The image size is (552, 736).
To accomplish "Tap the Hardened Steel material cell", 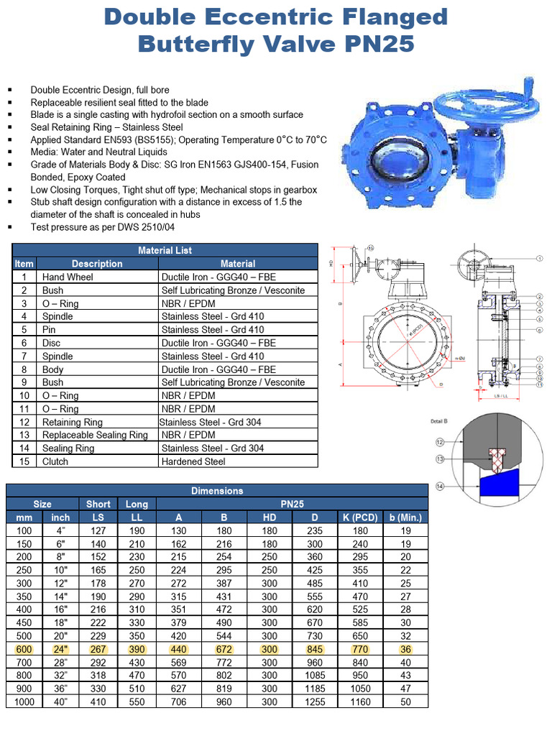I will tap(193, 461).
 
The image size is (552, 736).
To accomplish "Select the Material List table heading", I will tap(165, 250).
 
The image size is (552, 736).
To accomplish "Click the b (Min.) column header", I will tap(405, 517).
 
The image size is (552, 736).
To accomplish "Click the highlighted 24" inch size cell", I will tap(60, 649).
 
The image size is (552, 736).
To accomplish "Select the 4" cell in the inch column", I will tap(60, 530).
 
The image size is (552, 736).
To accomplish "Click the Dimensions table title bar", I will tap(217, 490).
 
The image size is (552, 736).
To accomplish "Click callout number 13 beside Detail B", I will tap(438, 459).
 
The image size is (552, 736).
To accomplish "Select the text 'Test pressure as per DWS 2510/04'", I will tap(102, 226).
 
